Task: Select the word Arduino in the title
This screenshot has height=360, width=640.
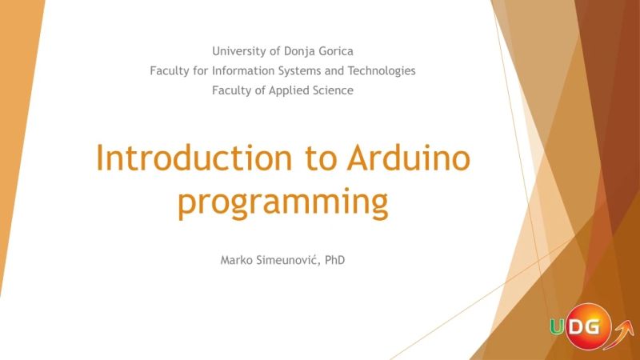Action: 408,158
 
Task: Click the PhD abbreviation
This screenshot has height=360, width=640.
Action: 335,261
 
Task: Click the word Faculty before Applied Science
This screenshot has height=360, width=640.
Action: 230,90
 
